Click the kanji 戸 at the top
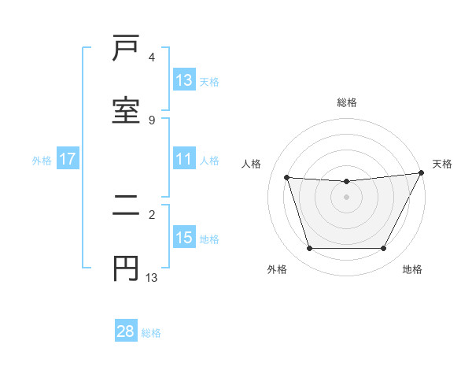click(x=126, y=50)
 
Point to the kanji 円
click(x=126, y=268)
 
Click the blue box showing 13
click(x=184, y=80)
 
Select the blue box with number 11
click(x=184, y=159)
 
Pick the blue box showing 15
click(x=184, y=238)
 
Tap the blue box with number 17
click(x=68, y=159)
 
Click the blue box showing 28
click(x=126, y=331)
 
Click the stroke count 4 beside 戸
click(x=152, y=57)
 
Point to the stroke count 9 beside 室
click(x=152, y=120)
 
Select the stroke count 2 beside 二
click(x=152, y=214)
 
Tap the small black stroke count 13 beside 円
click(x=152, y=277)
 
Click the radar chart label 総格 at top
click(x=347, y=102)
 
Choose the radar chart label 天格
click(x=443, y=164)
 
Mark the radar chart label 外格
click(x=277, y=269)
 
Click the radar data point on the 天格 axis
click(x=422, y=173)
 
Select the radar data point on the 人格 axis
click(x=287, y=178)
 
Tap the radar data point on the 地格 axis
click(x=384, y=249)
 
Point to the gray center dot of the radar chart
click(x=347, y=197)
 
